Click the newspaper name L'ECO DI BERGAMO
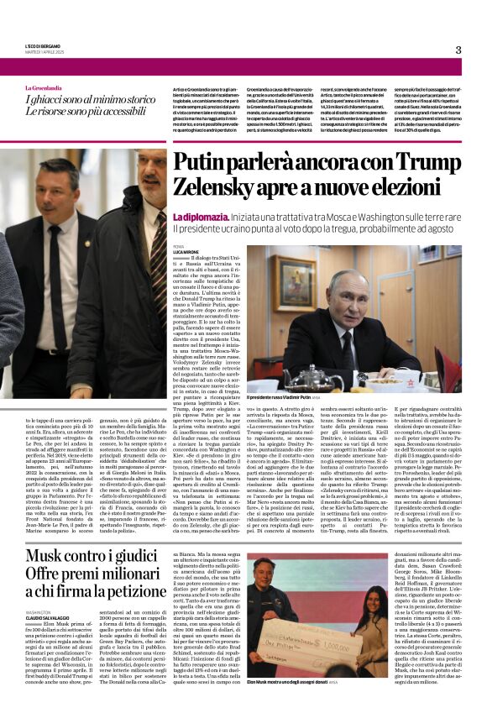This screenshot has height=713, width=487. point(44,47)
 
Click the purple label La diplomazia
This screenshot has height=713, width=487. point(198,217)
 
